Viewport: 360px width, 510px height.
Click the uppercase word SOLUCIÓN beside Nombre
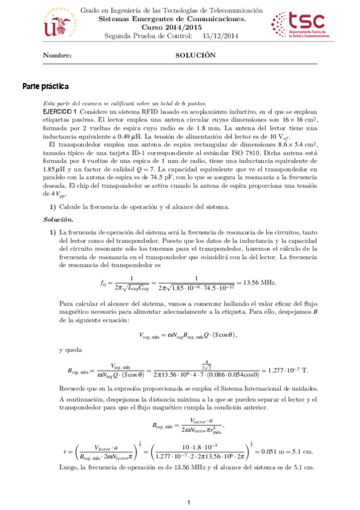click(x=195, y=55)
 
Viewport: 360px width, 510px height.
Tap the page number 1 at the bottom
click(x=188, y=502)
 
